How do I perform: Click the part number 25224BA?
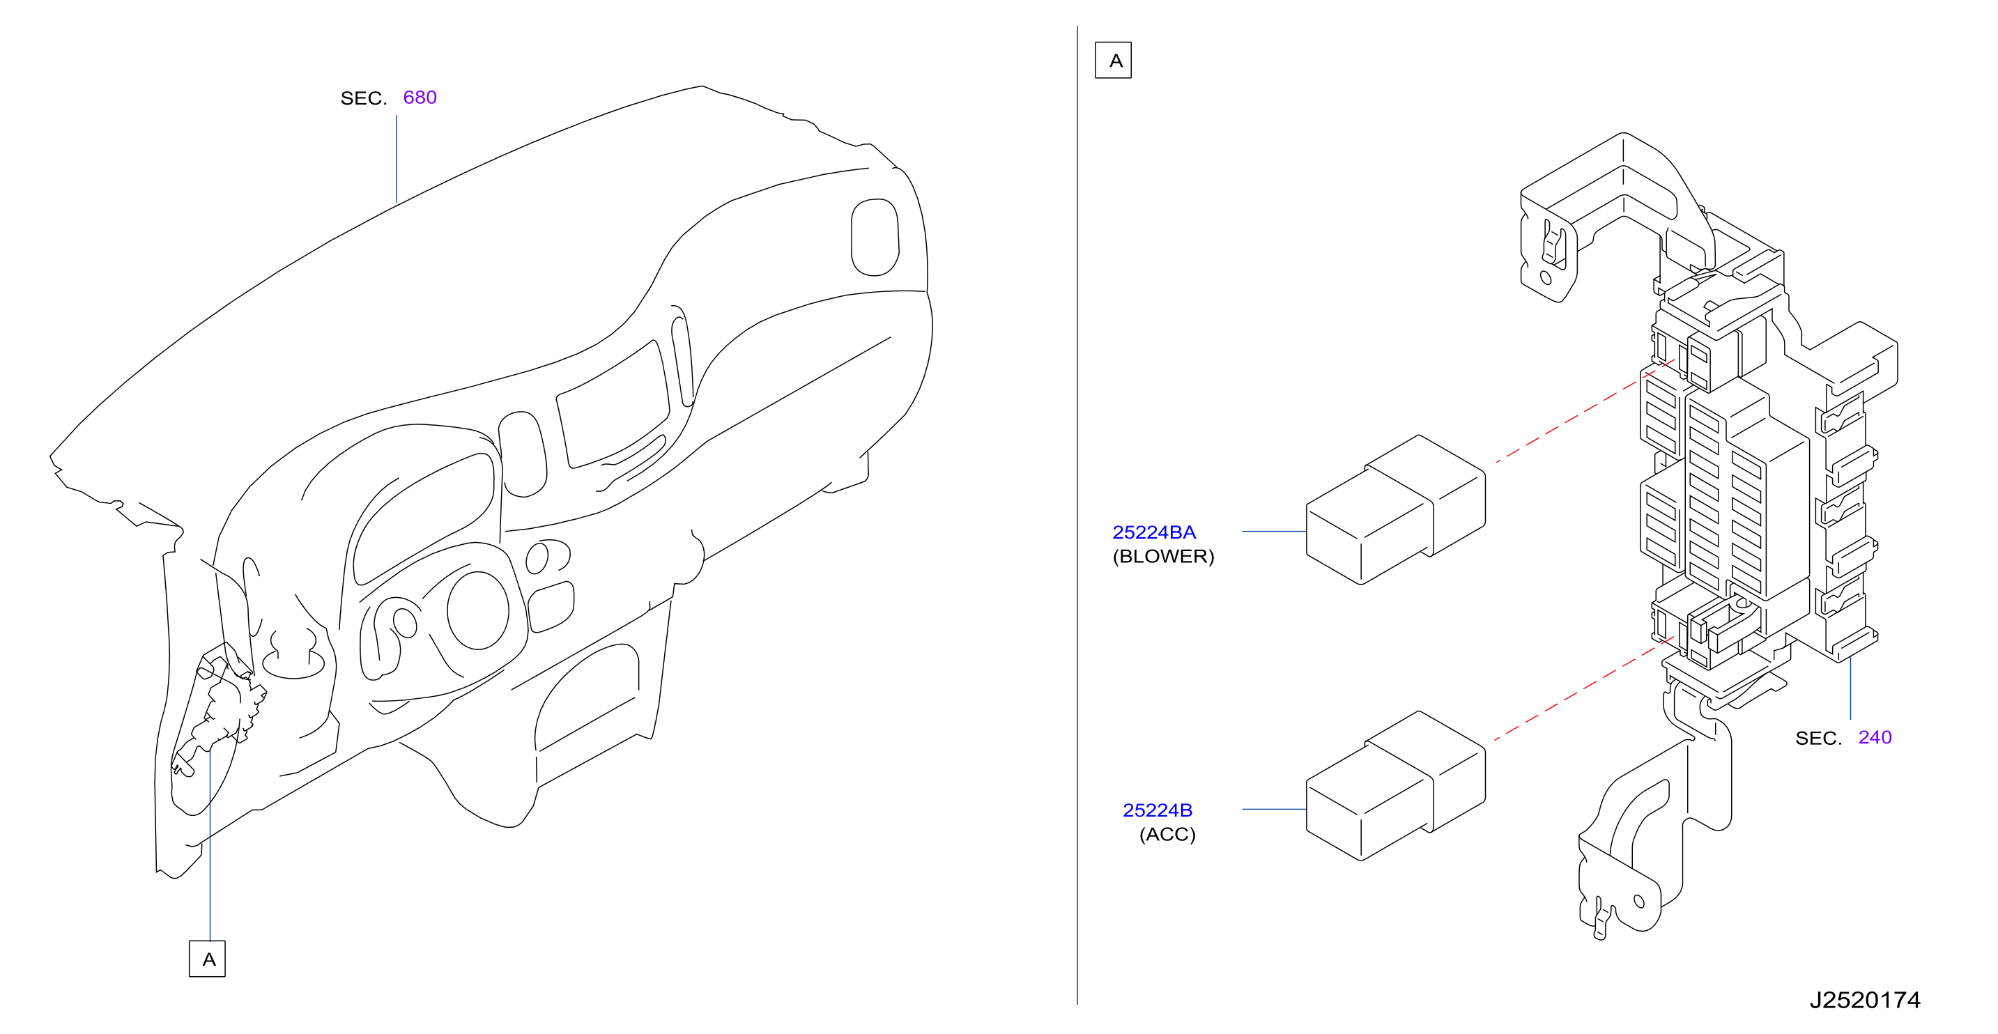tap(1153, 532)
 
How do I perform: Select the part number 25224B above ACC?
tap(1158, 810)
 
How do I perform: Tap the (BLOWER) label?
tap(1162, 556)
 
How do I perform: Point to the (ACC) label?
tap(1167, 834)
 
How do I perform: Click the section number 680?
tap(420, 97)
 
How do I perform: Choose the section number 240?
tap(1875, 737)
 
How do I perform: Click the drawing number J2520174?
tap(1865, 1000)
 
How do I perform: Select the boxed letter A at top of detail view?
tap(1113, 61)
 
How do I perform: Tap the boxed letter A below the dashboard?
tap(207, 959)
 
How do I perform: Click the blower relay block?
tap(1395, 509)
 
